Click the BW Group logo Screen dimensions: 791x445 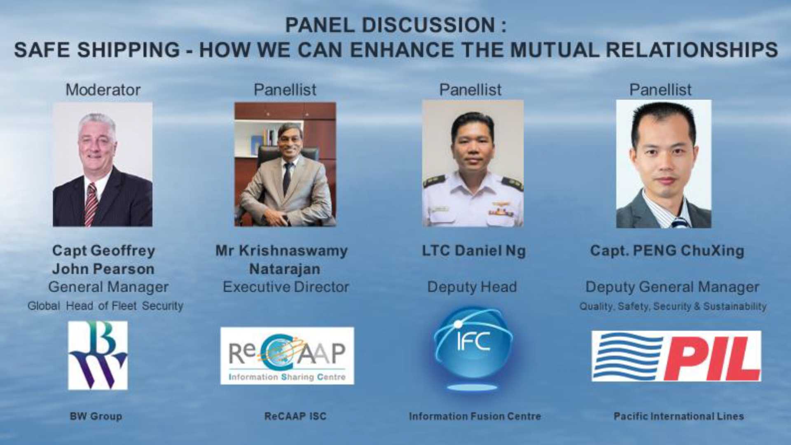pyautogui.click(x=98, y=355)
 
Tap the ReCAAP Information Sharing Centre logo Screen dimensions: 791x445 pyautogui.click(x=287, y=356)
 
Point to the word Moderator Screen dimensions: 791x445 pyautogui.click(x=103, y=90)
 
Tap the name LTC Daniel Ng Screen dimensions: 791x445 pyautogui.click(x=474, y=251)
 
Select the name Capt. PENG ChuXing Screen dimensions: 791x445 pyautogui.click(x=667, y=251)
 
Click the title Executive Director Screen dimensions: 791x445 pyautogui.click(x=286, y=287)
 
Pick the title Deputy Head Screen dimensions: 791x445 pyautogui.click(x=472, y=287)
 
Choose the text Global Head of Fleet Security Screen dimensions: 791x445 pyautogui.click(x=105, y=306)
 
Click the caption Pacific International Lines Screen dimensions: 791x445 pyautogui.click(x=679, y=416)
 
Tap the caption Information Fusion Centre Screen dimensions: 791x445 pyautogui.click(x=475, y=416)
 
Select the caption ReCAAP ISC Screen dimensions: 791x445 pyautogui.click(x=295, y=416)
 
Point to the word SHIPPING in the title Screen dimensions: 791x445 pyautogui.click(x=129, y=50)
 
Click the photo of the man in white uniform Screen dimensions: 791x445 pyautogui.click(x=473, y=163)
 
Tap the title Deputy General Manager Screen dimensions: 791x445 pyautogui.click(x=672, y=287)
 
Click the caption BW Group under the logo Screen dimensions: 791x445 pyautogui.click(x=96, y=416)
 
